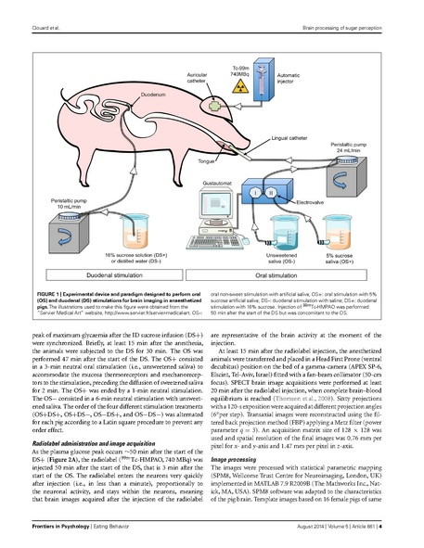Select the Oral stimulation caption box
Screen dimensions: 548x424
point(298,275)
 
